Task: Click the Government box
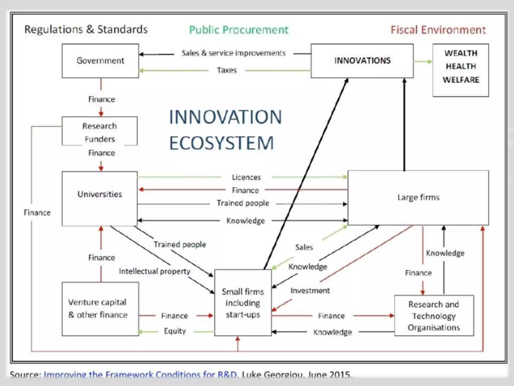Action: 100,61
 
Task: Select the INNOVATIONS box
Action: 362,61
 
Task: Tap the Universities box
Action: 100,199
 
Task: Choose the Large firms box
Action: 418,198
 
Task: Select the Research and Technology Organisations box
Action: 434,316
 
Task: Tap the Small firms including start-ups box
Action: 243,303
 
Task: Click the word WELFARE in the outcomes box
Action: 461,80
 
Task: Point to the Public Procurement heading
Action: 239,30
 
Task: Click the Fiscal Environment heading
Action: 438,30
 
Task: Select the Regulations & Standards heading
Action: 86,29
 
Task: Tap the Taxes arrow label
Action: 227,70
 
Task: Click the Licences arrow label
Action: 246,177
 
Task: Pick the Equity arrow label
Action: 175,331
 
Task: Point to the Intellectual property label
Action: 155,271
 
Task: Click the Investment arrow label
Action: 310,291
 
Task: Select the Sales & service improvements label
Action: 233,53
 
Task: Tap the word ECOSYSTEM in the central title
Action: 221,143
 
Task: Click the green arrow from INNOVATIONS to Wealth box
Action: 423,62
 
